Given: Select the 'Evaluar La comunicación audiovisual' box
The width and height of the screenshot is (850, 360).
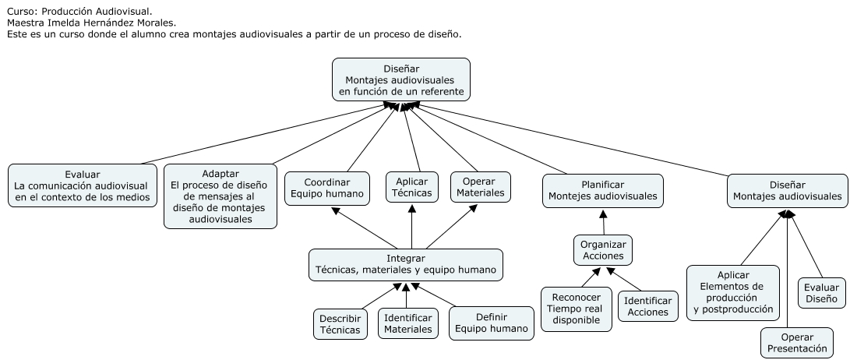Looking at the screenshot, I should click(x=83, y=185).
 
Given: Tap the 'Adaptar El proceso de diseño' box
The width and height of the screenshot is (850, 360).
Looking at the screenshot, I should click(x=220, y=196).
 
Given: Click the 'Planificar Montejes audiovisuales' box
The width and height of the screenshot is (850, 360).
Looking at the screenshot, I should click(x=602, y=190).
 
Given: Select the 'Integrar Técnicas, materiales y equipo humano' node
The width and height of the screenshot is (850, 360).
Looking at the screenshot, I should click(x=405, y=264).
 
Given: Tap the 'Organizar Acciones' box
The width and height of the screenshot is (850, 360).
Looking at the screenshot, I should click(x=603, y=251).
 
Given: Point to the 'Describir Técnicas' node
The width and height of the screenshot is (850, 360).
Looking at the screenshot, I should click(x=340, y=324).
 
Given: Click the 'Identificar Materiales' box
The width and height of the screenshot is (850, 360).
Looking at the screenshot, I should click(x=407, y=323).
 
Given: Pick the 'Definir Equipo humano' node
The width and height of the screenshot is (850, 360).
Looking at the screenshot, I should click(x=491, y=323).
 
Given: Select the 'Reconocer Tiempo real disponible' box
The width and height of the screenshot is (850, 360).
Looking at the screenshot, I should click(x=576, y=309).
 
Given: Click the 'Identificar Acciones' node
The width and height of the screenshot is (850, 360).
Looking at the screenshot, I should click(x=647, y=306).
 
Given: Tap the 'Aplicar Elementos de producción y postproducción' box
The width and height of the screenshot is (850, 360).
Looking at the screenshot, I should click(x=733, y=292).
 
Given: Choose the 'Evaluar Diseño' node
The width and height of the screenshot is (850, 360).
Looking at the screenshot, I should click(x=821, y=292).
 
